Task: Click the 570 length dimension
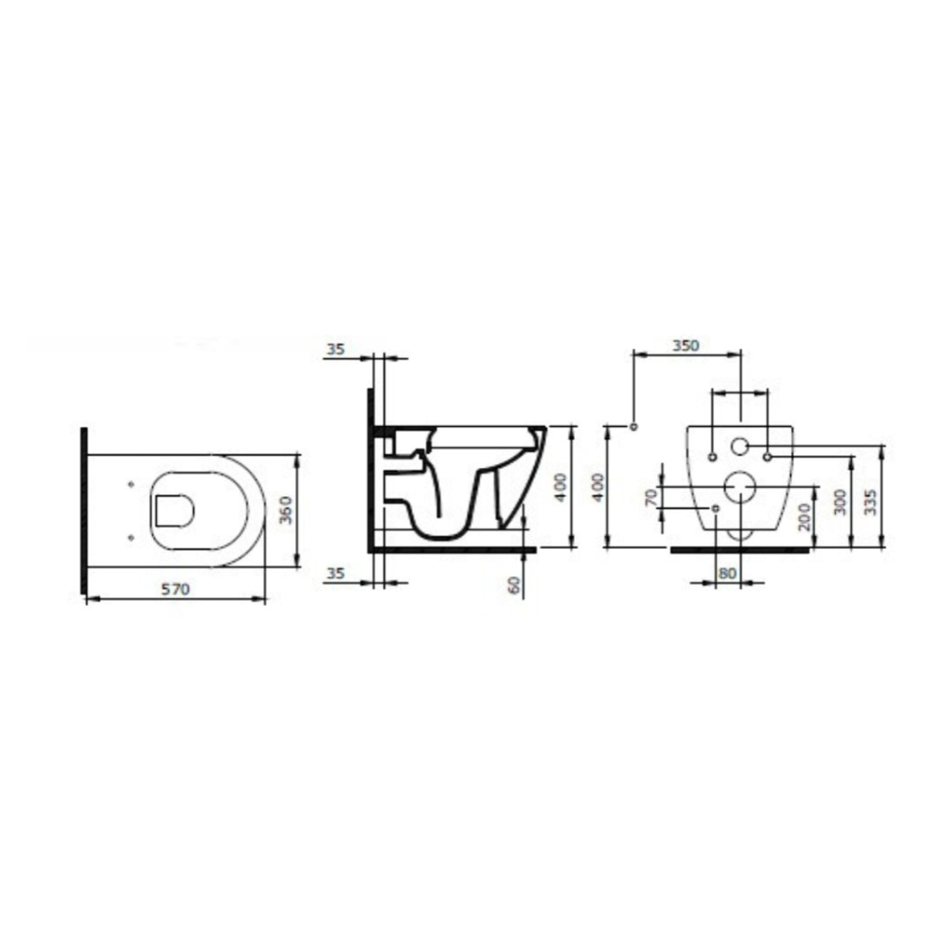point(174,589)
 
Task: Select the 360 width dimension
point(284,509)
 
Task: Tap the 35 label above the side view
point(335,349)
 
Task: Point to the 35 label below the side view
point(335,573)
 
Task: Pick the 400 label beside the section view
point(560,487)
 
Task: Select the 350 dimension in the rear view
point(685,345)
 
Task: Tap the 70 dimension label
point(651,495)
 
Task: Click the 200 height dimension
point(803,516)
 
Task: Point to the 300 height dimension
point(840,502)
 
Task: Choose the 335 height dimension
point(871,502)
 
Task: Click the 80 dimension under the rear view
point(727,573)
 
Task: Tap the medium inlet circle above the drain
point(739,446)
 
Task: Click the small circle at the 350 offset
point(634,427)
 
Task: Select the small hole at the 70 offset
point(715,509)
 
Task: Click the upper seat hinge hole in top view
point(130,485)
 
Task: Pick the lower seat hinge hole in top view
point(130,534)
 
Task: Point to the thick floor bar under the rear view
point(739,550)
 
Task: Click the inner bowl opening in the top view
point(174,509)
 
